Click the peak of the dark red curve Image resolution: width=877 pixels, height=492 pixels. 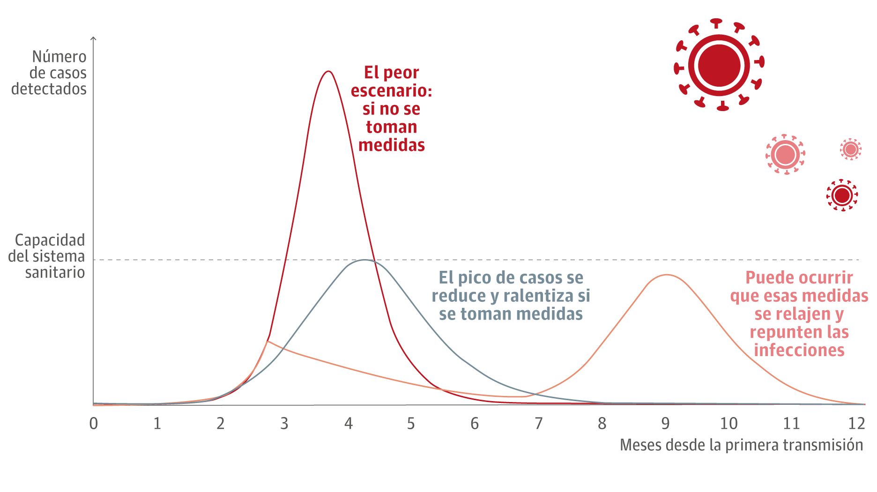[x=329, y=72]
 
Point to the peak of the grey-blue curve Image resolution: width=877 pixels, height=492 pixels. [x=364, y=260]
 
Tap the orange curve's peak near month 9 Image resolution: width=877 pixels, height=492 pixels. [x=666, y=275]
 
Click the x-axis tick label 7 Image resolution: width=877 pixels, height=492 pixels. [x=538, y=424]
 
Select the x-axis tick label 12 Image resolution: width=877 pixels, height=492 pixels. [x=856, y=424]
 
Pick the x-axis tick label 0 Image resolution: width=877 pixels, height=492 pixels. [x=94, y=424]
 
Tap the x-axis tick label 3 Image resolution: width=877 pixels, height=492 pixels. [x=284, y=424]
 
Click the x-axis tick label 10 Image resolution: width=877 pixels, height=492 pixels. [x=728, y=424]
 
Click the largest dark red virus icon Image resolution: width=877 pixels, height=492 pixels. [x=719, y=65]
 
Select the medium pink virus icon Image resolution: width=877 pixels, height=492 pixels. [x=785, y=154]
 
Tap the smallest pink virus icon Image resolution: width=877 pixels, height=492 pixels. [x=850, y=149]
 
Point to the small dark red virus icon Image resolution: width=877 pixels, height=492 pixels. [x=842, y=195]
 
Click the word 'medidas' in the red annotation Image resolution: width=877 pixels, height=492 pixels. [x=392, y=145]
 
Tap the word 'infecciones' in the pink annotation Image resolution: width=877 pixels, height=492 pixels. [x=799, y=350]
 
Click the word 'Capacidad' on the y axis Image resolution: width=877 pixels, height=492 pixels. [x=50, y=240]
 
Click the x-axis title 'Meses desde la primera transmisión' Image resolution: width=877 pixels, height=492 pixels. [x=741, y=445]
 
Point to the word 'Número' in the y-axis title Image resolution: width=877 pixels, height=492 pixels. [x=59, y=57]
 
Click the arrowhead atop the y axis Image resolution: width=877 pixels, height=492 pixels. [x=94, y=38]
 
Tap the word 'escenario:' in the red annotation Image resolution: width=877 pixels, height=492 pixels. [x=392, y=90]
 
